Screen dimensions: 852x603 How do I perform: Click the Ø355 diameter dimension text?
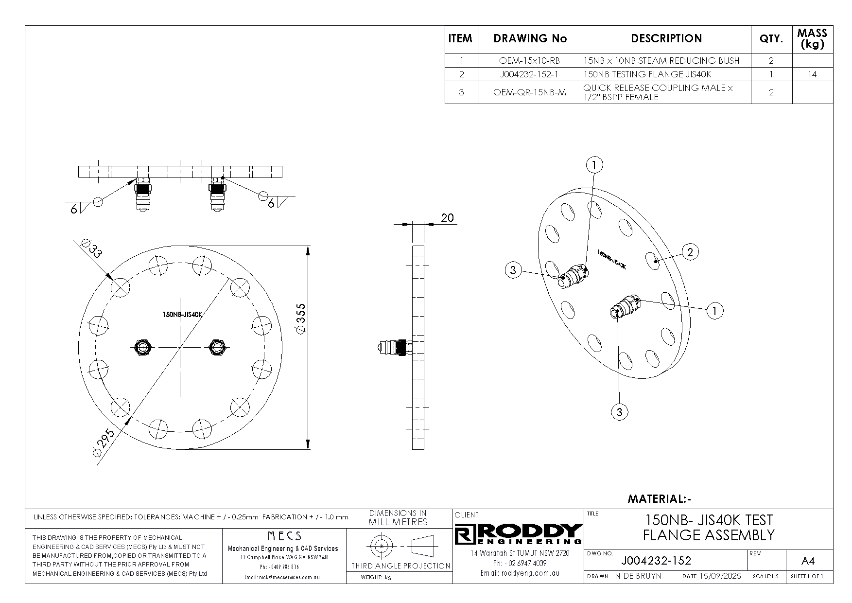[300, 319]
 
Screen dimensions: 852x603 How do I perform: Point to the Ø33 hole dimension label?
[91, 248]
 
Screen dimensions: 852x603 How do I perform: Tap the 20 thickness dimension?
[447, 217]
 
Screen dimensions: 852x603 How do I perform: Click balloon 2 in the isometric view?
[690, 252]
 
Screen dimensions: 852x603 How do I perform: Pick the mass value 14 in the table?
[812, 74]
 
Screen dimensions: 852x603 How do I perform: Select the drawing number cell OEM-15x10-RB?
[530, 61]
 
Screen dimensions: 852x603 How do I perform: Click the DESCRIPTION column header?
[666, 38]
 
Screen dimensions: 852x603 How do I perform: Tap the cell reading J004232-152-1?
[530, 74]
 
